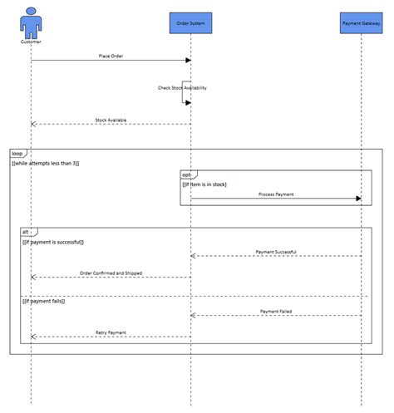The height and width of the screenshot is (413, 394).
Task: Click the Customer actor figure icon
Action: (31, 22)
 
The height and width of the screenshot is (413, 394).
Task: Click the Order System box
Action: (191, 23)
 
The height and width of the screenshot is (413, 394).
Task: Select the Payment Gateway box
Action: (361, 23)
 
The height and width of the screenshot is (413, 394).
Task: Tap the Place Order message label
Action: (111, 56)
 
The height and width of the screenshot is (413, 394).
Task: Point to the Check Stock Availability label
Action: (182, 87)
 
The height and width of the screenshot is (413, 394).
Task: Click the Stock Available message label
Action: (111, 120)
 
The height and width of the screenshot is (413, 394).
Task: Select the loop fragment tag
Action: (17, 154)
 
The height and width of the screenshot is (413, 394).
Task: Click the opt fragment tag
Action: (187, 175)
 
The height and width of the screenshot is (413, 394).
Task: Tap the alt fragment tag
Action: (27, 232)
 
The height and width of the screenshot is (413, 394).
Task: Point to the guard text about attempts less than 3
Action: (46, 164)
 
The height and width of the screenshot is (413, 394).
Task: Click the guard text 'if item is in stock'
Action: (204, 184)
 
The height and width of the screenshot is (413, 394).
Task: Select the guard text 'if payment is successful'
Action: (52, 242)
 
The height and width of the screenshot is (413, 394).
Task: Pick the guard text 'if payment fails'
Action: (43, 301)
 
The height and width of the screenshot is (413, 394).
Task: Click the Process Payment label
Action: (276, 194)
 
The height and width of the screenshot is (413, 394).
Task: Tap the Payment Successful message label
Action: (276, 251)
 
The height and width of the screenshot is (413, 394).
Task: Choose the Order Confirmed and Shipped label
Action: (111, 273)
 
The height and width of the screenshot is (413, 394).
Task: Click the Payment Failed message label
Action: (276, 311)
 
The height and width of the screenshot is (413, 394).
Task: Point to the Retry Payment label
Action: (111, 332)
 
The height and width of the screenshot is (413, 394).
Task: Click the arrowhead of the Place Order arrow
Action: (188, 60)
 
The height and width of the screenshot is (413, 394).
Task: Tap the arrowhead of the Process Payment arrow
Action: (358, 199)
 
